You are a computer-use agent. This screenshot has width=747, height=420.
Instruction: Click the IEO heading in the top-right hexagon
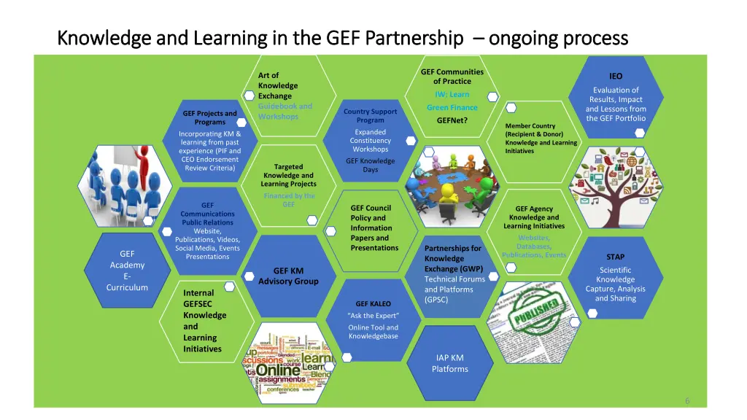616,76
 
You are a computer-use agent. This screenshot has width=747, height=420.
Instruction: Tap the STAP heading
615,257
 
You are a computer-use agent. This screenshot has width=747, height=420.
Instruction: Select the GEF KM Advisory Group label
288,276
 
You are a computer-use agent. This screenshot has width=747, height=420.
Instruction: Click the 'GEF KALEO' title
373,303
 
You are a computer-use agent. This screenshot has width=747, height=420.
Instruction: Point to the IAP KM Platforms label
449,363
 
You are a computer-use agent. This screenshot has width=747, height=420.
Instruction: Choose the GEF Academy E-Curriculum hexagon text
127,271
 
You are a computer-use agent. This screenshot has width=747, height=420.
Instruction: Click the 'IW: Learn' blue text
452,94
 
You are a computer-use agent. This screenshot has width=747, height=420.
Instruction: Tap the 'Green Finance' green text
452,107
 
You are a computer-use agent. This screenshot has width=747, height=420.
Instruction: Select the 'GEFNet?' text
452,120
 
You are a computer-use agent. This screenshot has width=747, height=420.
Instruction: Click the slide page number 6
687,400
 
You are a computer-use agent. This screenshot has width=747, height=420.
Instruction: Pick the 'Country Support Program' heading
371,115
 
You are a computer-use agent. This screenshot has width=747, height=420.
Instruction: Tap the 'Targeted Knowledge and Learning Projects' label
288,175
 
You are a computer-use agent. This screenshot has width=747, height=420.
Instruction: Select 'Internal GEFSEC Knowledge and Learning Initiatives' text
204,321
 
